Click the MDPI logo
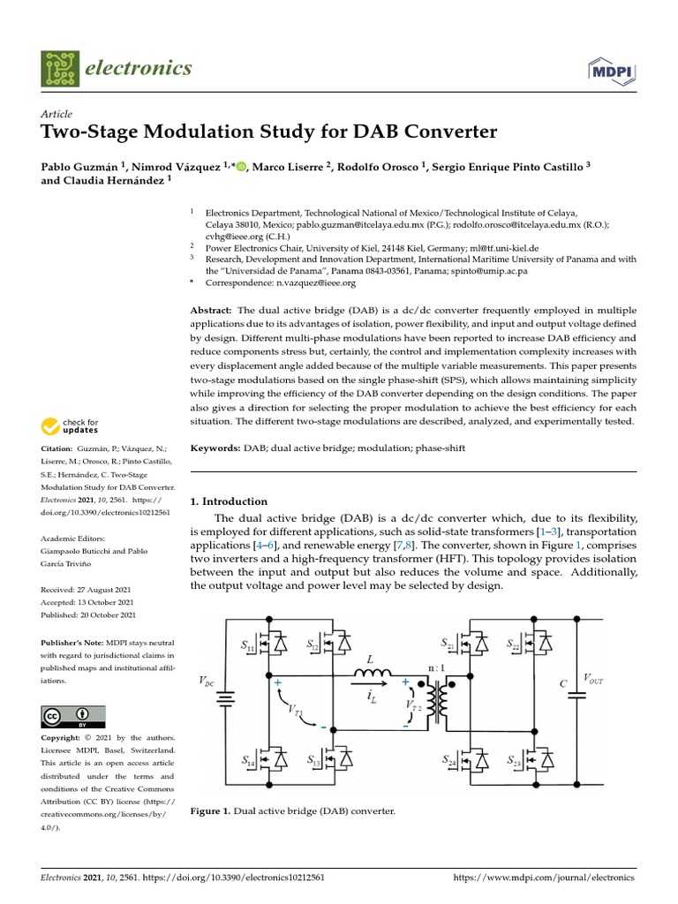(x=609, y=70)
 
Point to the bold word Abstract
(x=211, y=311)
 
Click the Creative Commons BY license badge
(x=73, y=716)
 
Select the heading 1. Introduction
(x=229, y=501)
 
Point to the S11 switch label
(x=249, y=648)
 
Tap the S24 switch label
(x=449, y=759)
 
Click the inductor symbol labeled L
(x=372, y=674)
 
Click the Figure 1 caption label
(x=210, y=810)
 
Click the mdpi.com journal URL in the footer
(x=543, y=878)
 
